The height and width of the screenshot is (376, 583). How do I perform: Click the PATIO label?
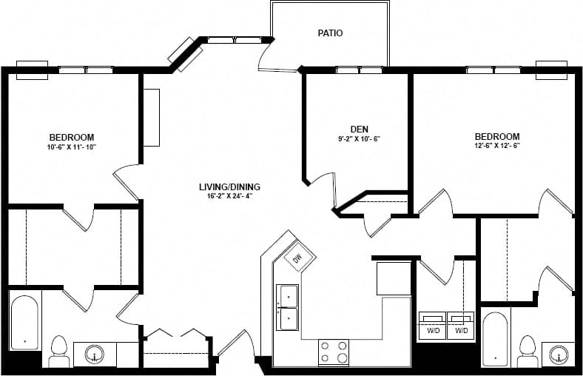330,33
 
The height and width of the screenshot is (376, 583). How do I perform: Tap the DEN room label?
359,129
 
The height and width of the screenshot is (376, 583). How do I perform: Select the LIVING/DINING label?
229,187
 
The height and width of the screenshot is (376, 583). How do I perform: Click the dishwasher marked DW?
297,258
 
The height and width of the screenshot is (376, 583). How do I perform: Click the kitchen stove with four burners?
333,352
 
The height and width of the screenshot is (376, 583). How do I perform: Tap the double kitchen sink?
287,308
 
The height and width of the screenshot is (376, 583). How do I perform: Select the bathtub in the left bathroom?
24,323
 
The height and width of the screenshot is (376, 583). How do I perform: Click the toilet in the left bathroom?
59,352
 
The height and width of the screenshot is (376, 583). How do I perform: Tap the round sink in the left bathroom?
96,355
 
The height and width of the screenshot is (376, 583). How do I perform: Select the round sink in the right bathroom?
558,354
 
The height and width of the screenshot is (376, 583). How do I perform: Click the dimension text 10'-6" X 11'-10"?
71,147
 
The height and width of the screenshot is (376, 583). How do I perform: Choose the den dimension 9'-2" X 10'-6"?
359,138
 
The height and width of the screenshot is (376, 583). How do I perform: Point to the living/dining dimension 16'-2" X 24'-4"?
229,196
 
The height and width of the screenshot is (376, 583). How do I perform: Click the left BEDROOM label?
71,138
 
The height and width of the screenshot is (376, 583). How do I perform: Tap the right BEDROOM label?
496,137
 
